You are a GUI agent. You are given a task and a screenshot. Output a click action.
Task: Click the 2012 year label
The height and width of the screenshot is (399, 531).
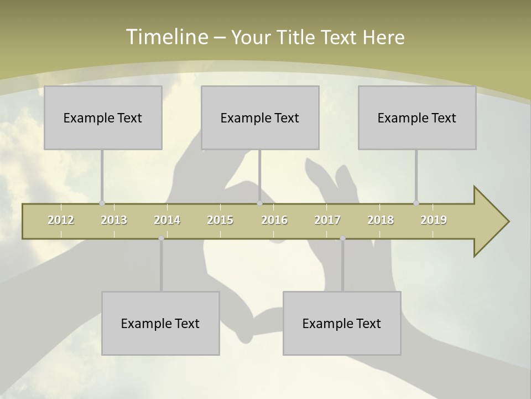[x=61, y=220]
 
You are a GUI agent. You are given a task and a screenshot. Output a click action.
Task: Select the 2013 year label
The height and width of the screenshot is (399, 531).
[x=114, y=220]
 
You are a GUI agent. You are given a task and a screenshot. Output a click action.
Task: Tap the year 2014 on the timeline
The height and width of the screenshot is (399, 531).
[x=167, y=220]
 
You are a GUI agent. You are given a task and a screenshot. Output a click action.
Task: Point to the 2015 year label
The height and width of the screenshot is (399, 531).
[x=220, y=220]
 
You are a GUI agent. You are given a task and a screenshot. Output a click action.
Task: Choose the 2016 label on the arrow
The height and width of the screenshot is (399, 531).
[x=274, y=220]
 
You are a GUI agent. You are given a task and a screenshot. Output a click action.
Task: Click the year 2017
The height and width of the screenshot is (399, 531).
[x=327, y=220]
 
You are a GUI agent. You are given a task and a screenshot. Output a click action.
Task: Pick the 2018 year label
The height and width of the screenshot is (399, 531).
[x=381, y=220]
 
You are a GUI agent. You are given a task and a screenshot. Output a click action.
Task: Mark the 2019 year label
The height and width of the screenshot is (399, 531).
[x=434, y=220]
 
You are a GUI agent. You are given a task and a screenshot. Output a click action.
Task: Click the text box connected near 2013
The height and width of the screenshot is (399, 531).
[x=103, y=117]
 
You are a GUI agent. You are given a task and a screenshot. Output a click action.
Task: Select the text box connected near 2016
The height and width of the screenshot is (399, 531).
[x=260, y=117]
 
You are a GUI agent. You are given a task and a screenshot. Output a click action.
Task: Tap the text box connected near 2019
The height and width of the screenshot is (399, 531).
[x=417, y=117]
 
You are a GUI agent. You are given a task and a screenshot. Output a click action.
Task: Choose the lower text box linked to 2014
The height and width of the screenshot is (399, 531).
[x=160, y=323]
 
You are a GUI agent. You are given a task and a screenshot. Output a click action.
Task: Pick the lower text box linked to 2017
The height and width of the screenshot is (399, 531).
[x=342, y=323]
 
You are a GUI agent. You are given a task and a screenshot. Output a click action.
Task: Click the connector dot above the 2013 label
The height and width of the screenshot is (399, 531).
[x=102, y=203]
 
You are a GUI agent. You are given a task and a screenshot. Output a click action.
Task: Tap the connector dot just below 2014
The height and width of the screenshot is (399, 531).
[x=161, y=238]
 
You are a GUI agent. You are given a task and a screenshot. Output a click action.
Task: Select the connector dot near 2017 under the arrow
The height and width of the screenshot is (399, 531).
[x=342, y=238]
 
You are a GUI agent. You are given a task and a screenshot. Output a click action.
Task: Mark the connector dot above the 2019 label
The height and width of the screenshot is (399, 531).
[x=416, y=203]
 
